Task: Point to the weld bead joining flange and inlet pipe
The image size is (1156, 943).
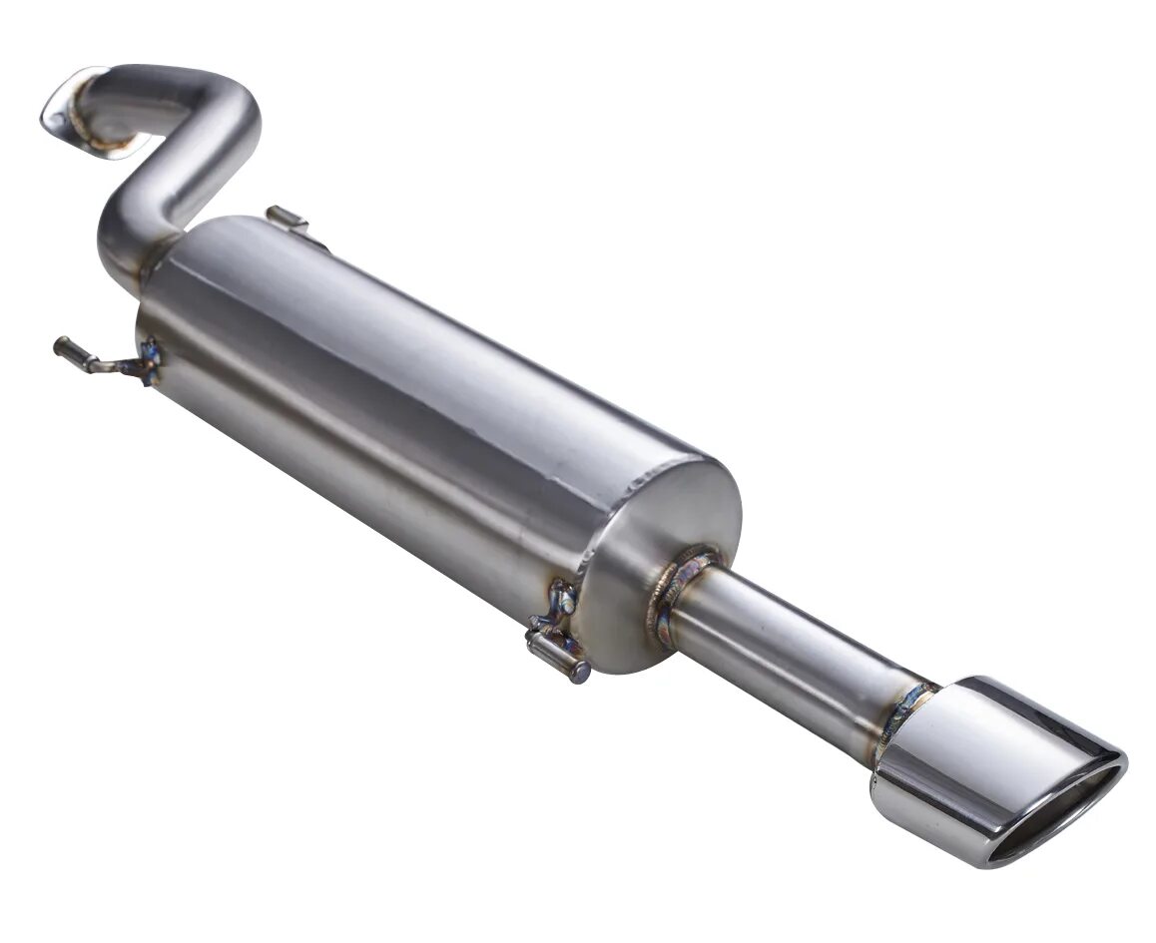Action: coord(100,140)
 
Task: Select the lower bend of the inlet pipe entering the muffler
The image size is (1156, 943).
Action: coord(125,244)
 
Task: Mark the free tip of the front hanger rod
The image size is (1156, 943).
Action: coord(62,347)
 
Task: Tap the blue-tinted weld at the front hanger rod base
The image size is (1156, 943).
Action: coord(150,361)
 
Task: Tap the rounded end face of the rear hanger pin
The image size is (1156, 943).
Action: coord(580,672)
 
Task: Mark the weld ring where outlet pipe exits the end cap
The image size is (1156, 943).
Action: coord(679,589)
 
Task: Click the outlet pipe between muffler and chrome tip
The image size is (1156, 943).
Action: coord(789,649)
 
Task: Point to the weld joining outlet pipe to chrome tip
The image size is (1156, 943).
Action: coord(903,713)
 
